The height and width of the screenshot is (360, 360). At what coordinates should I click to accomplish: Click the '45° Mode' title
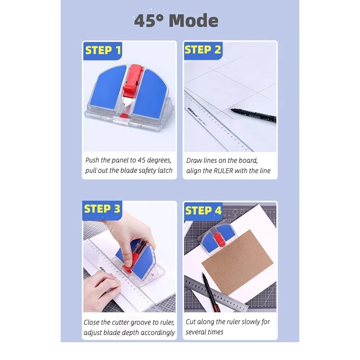pos(176,21)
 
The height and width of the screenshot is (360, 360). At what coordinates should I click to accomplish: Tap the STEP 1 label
pos(103,50)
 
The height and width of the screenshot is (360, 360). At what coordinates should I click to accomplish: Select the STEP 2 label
pos(203,50)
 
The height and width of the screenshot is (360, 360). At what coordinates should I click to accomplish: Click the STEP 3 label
pos(102,209)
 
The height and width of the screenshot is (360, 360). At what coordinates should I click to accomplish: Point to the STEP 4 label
pos(203,211)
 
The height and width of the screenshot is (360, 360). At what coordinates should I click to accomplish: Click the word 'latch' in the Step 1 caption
pos(164,171)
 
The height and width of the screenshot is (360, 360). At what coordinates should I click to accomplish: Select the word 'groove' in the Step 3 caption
pos(144,322)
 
